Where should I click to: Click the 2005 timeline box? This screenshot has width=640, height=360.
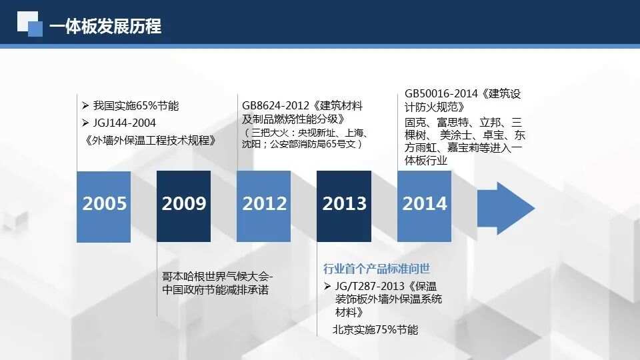point(104,207)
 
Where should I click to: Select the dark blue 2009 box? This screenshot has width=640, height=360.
point(184,207)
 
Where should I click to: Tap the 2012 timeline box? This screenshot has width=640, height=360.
point(264,207)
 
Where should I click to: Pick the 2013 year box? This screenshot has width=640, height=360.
point(344,207)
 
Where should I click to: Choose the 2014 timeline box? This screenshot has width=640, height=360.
point(424,207)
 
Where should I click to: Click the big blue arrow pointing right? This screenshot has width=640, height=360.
point(506,209)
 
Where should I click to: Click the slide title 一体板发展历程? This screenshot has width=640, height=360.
point(105,27)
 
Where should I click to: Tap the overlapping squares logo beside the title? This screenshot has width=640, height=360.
point(30,24)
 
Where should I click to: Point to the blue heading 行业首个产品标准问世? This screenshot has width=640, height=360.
point(376,269)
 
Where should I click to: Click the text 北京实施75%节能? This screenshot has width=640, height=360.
point(375,329)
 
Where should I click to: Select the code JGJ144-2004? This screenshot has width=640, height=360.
point(125,123)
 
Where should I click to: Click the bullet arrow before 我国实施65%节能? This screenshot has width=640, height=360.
point(85,106)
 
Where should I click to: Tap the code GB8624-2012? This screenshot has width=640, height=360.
point(275,106)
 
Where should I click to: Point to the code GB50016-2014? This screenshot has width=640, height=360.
point(441,94)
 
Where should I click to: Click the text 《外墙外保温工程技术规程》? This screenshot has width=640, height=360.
point(149,141)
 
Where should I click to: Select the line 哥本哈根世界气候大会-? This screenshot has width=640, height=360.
point(217,276)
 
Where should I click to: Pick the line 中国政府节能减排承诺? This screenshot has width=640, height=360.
point(215,290)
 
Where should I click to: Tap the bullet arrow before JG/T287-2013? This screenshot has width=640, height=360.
point(327,286)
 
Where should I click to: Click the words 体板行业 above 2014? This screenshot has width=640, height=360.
point(426,161)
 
